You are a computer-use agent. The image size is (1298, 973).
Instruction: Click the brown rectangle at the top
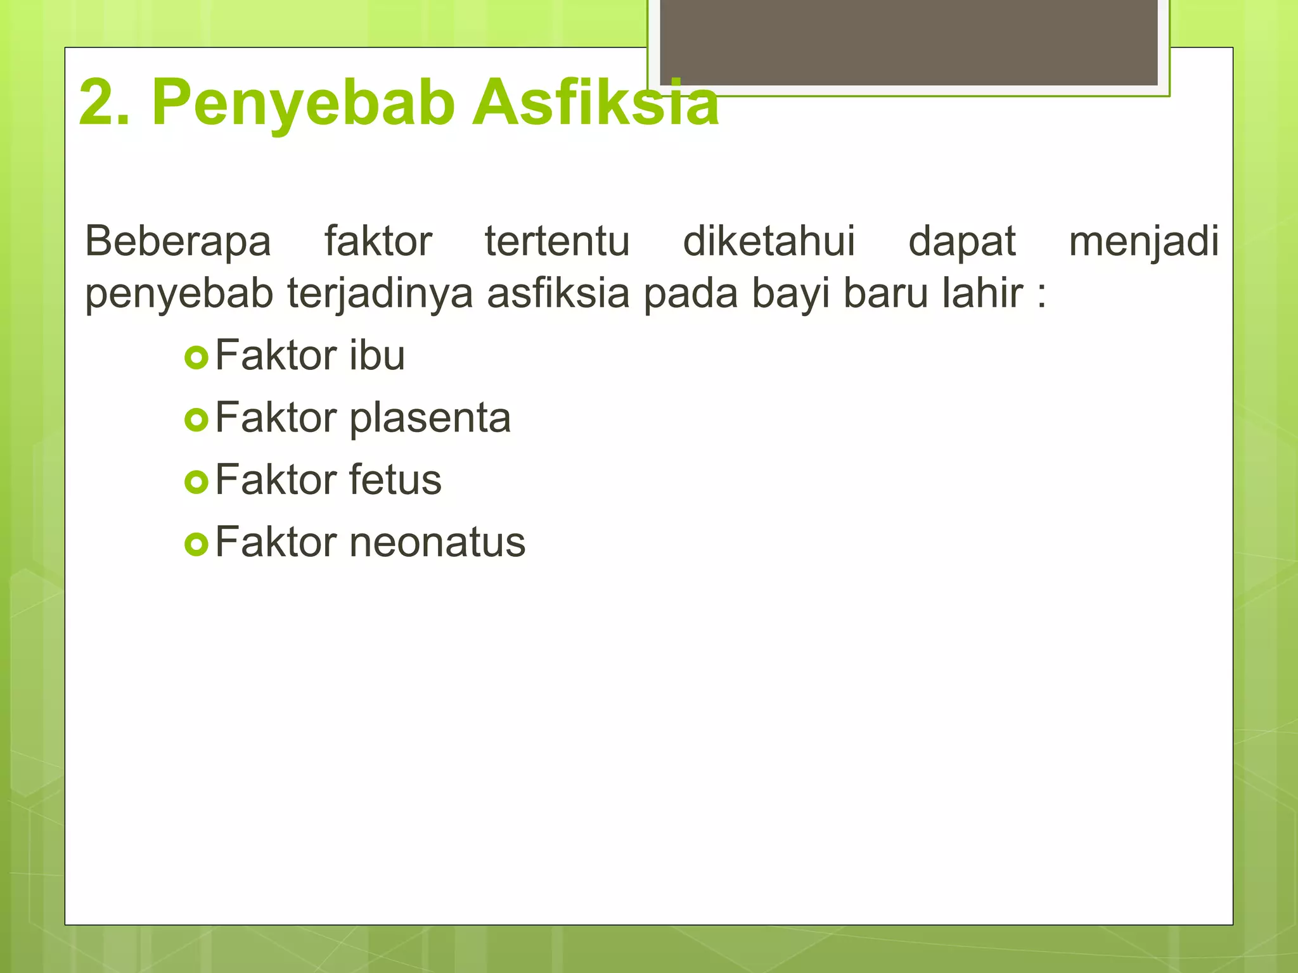[x=908, y=42]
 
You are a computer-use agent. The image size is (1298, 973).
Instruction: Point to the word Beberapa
[x=178, y=241]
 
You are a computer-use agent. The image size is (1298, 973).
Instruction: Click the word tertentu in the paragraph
[x=557, y=241]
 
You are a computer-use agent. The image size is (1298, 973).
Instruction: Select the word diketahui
[x=769, y=241]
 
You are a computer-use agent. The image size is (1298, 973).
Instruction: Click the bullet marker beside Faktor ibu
[x=196, y=358]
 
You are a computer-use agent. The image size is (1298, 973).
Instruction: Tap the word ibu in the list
[x=376, y=355]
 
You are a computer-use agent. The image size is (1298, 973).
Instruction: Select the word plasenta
[x=430, y=419]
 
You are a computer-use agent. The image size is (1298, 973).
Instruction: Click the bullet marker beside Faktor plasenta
[x=196, y=420]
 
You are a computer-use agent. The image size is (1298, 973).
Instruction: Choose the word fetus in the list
[x=395, y=480]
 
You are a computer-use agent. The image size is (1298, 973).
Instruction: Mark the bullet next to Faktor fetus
[x=196, y=482]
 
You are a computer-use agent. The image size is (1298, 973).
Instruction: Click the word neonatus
[x=437, y=543]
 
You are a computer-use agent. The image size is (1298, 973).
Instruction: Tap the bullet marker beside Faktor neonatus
[x=196, y=544]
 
